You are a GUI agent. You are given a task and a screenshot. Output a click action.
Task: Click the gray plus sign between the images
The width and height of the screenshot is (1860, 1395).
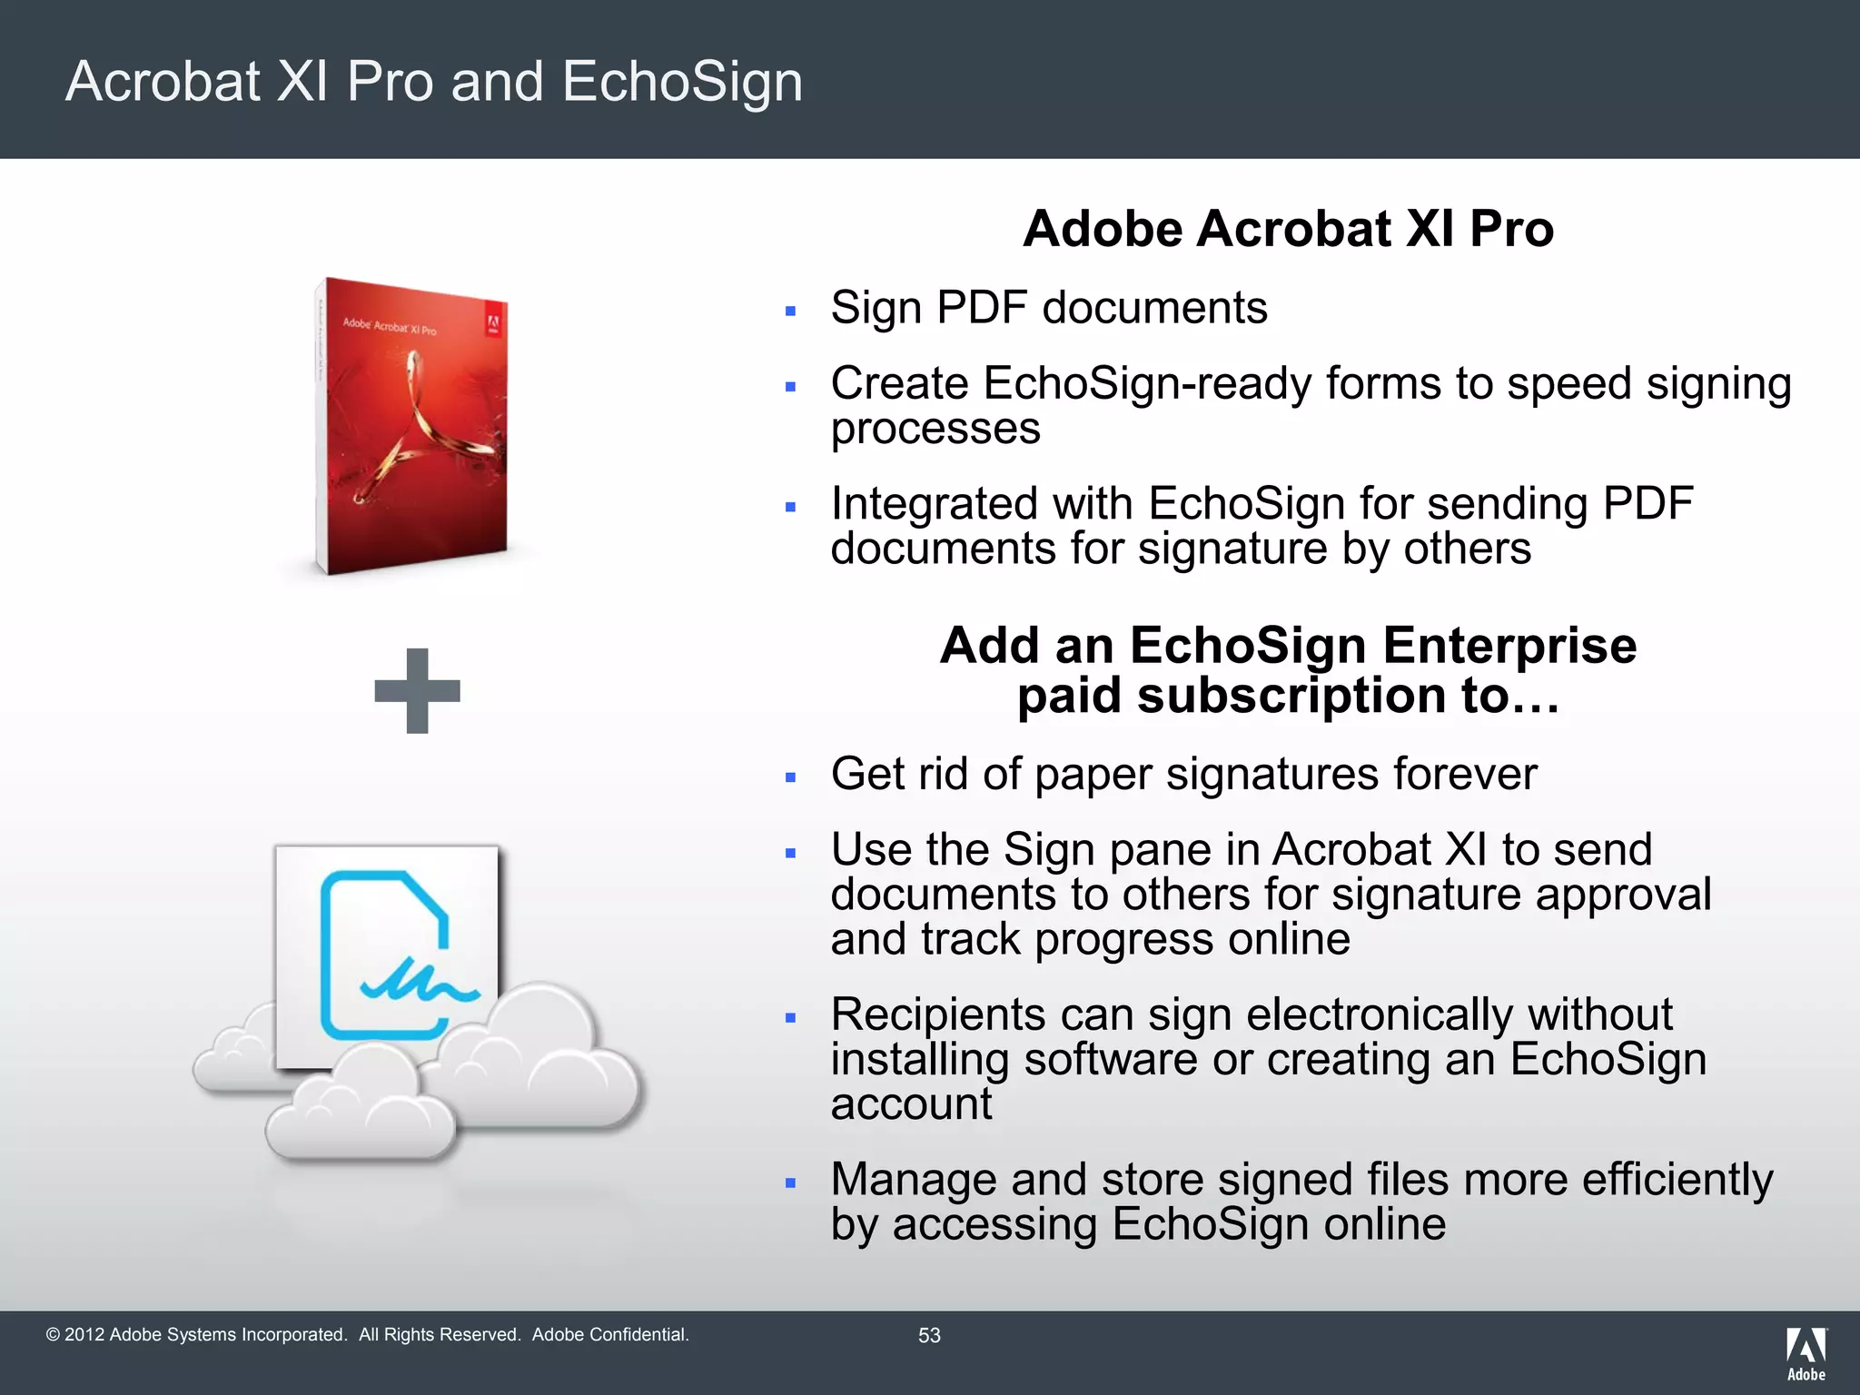click(x=417, y=690)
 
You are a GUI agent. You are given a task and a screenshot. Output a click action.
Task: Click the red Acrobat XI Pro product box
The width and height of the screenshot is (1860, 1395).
click(x=413, y=427)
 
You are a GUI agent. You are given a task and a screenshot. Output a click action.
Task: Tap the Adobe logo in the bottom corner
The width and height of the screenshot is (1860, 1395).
click(x=1806, y=1353)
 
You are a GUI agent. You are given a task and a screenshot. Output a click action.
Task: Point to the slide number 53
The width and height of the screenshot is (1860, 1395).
click(x=929, y=1335)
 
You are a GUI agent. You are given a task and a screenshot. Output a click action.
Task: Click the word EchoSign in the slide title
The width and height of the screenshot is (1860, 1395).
click(x=682, y=82)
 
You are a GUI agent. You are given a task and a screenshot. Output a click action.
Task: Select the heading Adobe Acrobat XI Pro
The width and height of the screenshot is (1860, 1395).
click(x=1288, y=228)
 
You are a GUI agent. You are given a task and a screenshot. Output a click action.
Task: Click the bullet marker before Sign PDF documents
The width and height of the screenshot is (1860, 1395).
click(x=791, y=312)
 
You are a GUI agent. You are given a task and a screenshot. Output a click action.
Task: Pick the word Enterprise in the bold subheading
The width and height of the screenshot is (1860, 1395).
click(x=1509, y=646)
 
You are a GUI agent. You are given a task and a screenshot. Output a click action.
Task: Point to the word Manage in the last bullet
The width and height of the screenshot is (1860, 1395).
click(x=914, y=1180)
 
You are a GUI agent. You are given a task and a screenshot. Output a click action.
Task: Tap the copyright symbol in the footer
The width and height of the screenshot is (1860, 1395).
click(x=53, y=1335)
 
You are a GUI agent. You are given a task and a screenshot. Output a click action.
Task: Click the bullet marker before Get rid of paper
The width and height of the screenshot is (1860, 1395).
click(x=791, y=778)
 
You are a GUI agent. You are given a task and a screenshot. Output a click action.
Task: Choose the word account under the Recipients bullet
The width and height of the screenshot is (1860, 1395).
click(x=911, y=1104)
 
